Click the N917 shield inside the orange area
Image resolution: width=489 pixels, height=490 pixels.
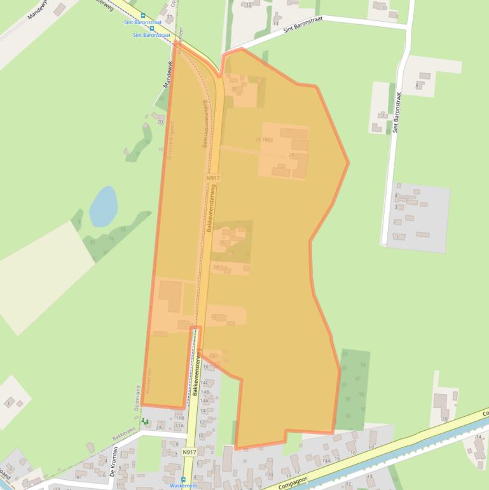tap(213, 179)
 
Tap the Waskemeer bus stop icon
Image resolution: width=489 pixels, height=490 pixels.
tap(183, 479)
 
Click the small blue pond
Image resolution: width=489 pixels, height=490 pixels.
tap(103, 206)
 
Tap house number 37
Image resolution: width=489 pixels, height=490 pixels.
tap(170, 17)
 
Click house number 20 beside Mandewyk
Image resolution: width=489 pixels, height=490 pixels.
tap(160, 121)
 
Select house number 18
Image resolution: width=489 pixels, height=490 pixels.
tap(444, 419)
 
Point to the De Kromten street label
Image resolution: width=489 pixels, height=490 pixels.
tap(114, 466)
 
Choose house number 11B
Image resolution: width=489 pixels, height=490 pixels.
tap(179, 417)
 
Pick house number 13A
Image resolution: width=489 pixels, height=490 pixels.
tap(179, 425)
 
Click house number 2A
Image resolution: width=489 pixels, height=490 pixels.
tap(158, 428)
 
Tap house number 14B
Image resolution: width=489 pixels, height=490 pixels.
tap(205, 392)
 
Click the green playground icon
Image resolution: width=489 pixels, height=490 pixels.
tap(145, 421)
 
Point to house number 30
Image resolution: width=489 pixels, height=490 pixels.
tap(234, 88)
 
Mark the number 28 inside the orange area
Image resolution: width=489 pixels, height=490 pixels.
tap(291, 155)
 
